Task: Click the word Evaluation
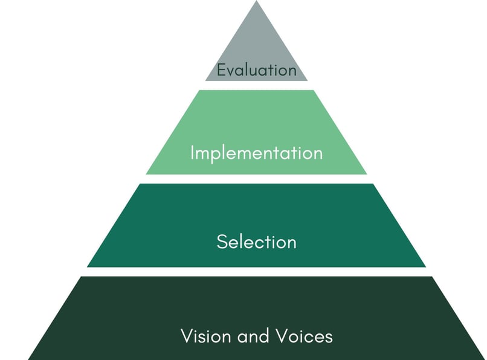point(257,70)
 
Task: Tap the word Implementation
point(257,153)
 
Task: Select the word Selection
point(257,242)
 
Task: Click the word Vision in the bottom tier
point(205,336)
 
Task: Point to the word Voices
point(304,336)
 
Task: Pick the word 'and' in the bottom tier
point(253,336)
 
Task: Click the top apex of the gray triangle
point(257,1)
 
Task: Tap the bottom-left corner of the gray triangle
point(205,81)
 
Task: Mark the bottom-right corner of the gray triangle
point(308,81)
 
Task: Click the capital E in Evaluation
point(221,70)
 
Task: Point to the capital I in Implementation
point(192,152)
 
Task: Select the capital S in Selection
point(222,242)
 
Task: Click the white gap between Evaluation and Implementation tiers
point(257,85)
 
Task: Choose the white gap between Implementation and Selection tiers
point(257,179)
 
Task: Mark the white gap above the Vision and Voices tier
point(257,272)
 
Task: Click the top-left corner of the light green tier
point(199,90)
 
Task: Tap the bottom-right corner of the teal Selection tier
point(426,267)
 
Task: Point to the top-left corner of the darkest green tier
point(81,277)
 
